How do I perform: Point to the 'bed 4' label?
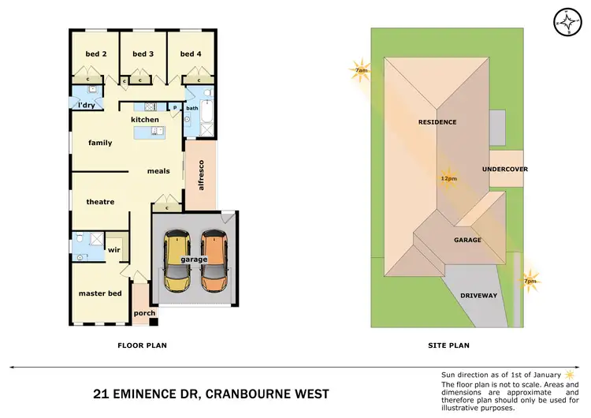[190, 54]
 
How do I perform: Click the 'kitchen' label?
[145, 120]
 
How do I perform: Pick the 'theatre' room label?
[100, 202]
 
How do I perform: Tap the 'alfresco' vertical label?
[201, 176]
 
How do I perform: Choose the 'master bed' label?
[99, 293]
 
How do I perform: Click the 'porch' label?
[145, 313]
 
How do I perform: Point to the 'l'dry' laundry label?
[86, 105]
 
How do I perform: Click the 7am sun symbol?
[361, 70]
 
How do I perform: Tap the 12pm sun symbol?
[448, 177]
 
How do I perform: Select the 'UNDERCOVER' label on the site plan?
[504, 169]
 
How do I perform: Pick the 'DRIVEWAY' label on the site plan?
[479, 296]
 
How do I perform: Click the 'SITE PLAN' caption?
[448, 345]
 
